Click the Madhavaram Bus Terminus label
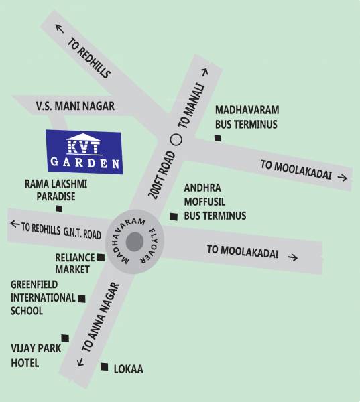(x=246, y=116)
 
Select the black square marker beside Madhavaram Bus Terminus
(x=217, y=138)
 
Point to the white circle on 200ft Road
(x=176, y=139)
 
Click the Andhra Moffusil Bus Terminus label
(x=215, y=202)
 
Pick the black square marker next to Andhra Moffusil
(x=174, y=216)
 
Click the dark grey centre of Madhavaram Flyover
(x=135, y=241)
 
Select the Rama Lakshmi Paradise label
(x=56, y=189)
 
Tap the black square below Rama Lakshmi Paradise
(x=59, y=208)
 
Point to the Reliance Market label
(x=75, y=263)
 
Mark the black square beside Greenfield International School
(x=82, y=298)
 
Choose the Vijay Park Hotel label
(x=35, y=356)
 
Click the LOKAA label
(x=127, y=369)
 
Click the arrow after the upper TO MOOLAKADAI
(x=342, y=178)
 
